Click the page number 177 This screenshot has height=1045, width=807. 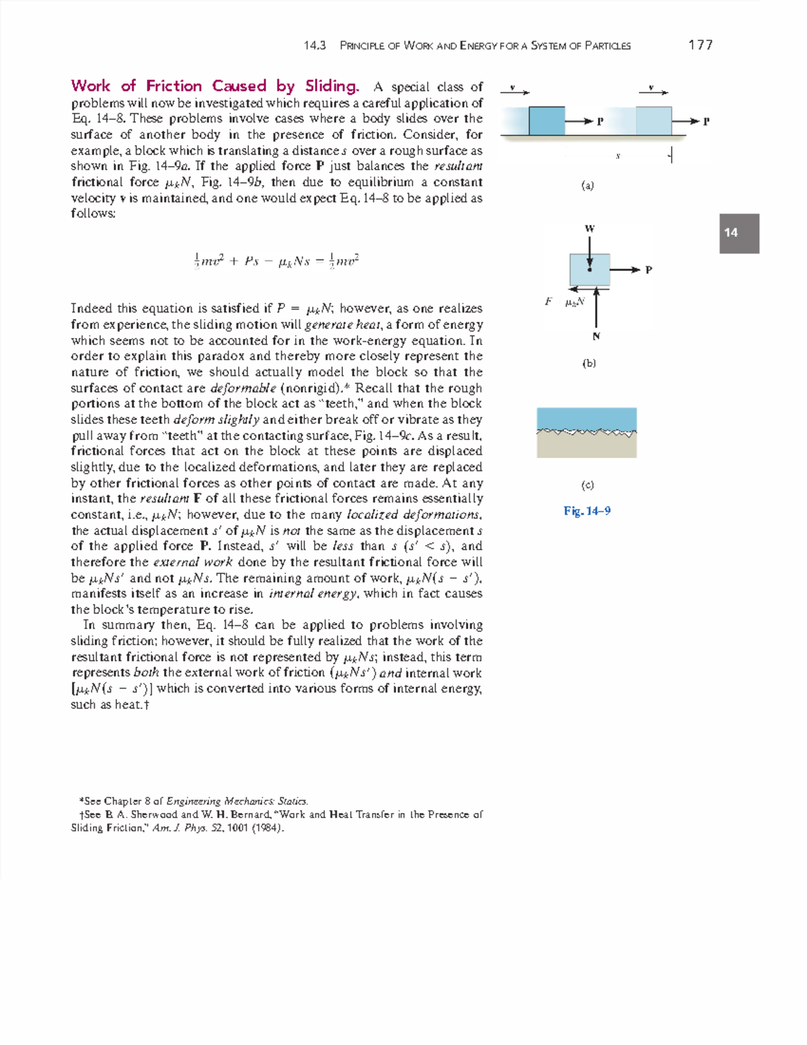pos(700,45)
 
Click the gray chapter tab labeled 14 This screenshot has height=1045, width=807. pos(739,233)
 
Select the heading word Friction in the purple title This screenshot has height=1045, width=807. pos(174,86)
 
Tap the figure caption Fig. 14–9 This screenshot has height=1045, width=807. pos(587,511)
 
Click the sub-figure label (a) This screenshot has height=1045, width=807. pos(588,186)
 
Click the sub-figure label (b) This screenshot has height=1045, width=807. pos(589,363)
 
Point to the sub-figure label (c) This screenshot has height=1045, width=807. pos(588,484)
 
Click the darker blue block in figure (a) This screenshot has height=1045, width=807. pos(546,121)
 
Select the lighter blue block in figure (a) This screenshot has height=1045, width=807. pos(653,121)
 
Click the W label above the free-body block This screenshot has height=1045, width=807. pos(590,229)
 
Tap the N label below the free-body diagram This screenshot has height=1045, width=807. pos(596,336)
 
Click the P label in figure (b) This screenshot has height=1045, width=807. pos(648,271)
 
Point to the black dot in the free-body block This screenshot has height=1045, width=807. pos(590,270)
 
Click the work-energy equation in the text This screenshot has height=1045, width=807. pos(276,261)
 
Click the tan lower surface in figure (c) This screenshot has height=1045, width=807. pos(586,447)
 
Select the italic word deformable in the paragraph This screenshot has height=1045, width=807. pos(243,388)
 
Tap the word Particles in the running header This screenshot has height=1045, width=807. pos(607,46)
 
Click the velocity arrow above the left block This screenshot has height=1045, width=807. pos(515,92)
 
